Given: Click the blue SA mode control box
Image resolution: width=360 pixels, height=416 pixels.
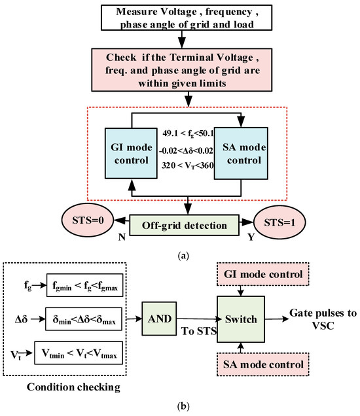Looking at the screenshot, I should [x=243, y=158].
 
